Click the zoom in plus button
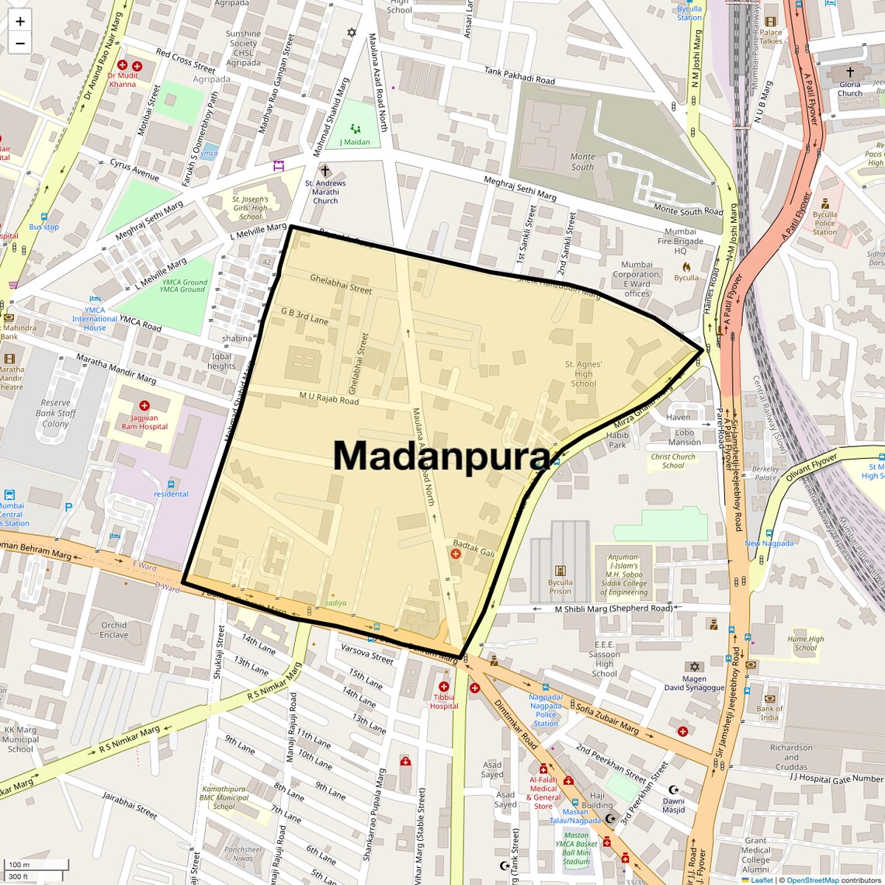(x=20, y=22)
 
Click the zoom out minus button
(x=20, y=43)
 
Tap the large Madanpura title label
(x=441, y=456)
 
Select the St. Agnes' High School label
(x=583, y=373)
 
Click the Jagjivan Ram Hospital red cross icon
(x=144, y=406)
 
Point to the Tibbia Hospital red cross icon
(x=443, y=687)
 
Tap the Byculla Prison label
(x=560, y=586)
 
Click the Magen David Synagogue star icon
(x=694, y=667)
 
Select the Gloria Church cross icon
(x=850, y=72)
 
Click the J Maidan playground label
(x=355, y=142)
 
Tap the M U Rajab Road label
(x=329, y=398)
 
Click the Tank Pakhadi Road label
(x=519, y=75)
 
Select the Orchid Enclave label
(x=113, y=630)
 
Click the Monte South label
(x=582, y=161)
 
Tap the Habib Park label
(x=617, y=440)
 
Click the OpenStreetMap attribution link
(x=813, y=880)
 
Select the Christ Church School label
(x=673, y=461)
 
